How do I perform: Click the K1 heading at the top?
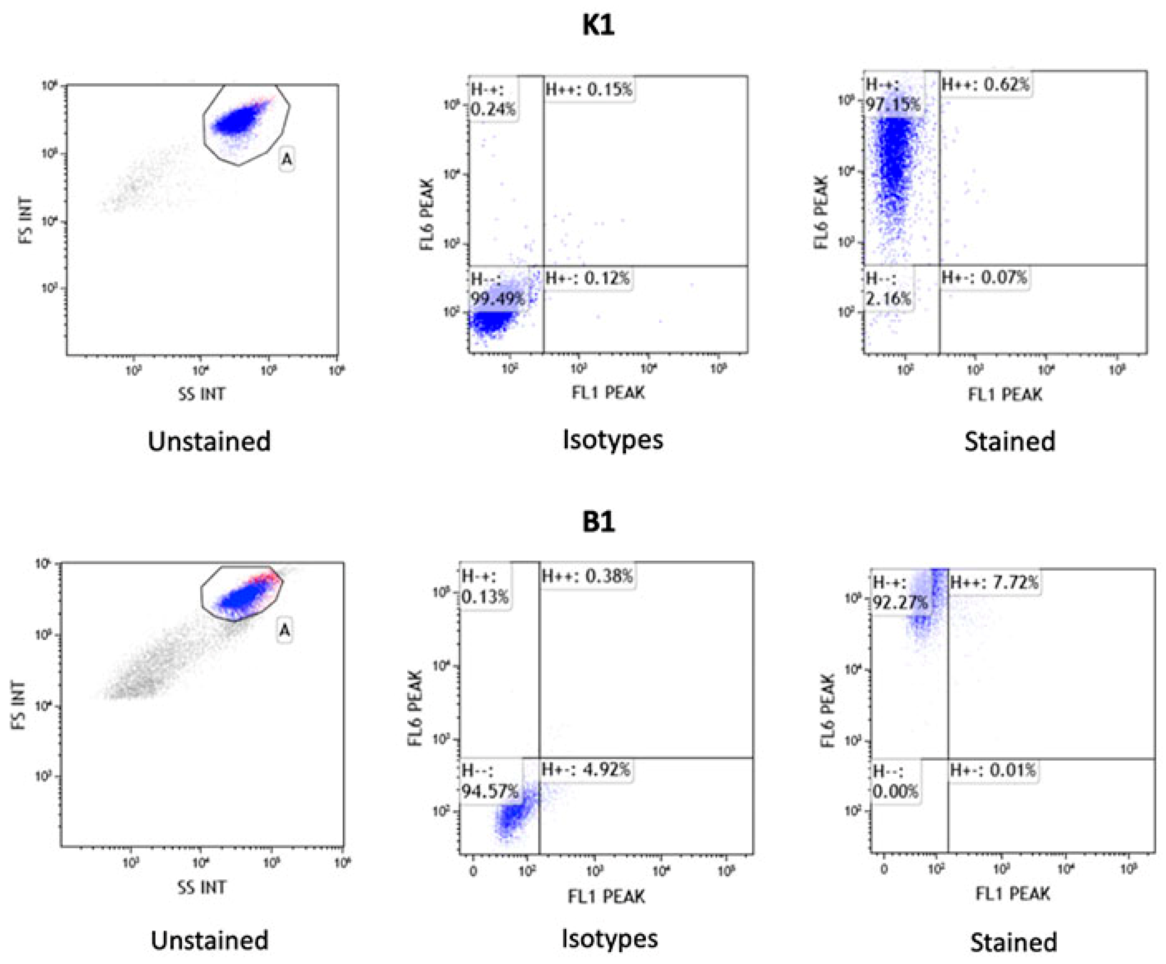pos(598,25)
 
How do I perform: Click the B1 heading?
pos(598,523)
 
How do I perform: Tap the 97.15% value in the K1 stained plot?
pos(893,104)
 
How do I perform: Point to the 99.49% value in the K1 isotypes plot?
pos(497,299)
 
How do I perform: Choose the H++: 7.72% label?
pos(994,583)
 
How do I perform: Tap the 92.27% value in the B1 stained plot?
pos(900,603)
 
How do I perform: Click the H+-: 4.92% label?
pos(586,770)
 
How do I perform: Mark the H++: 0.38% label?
pos(587,576)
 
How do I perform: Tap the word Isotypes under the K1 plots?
pos(613,440)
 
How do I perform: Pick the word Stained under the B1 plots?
pos(1013,942)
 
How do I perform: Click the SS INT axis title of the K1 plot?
pos(202,394)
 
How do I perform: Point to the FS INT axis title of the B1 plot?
pos(18,705)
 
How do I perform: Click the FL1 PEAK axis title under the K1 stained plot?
pos(1005,394)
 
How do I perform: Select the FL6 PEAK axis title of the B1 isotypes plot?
pos(416,708)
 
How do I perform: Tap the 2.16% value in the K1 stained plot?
pos(888,299)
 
